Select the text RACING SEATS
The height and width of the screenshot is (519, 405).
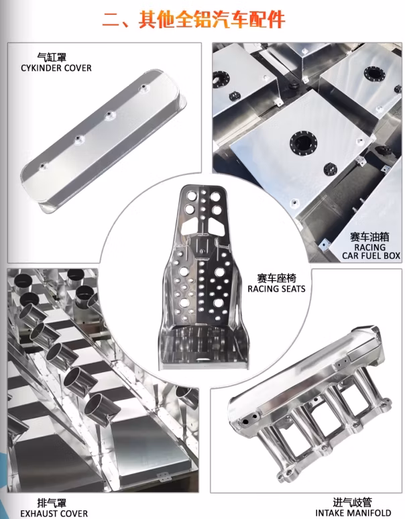click(276, 288)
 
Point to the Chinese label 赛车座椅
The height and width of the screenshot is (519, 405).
click(277, 278)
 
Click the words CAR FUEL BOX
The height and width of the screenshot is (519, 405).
click(371, 255)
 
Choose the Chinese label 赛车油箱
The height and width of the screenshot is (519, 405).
click(369, 237)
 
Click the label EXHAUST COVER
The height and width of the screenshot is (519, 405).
click(54, 514)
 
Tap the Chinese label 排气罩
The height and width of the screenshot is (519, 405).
click(52, 503)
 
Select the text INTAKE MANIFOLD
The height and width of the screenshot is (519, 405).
click(353, 513)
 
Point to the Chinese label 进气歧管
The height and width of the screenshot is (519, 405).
click(353, 502)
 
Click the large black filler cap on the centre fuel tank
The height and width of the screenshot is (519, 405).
click(304, 143)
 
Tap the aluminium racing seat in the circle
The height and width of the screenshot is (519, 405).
click(204, 278)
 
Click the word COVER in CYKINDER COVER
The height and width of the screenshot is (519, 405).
click(78, 68)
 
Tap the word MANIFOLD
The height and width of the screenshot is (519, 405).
click(369, 513)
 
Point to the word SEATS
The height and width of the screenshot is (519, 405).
click(292, 288)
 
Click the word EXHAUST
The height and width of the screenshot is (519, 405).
click(38, 514)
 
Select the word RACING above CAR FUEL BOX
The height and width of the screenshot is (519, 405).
click(370, 247)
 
